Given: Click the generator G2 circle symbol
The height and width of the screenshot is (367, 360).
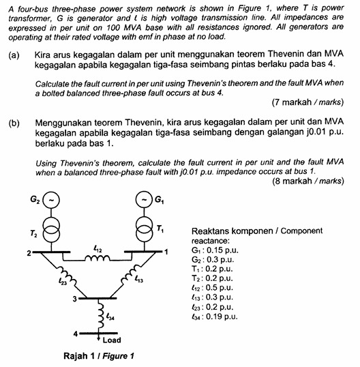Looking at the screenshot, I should tap(52, 201).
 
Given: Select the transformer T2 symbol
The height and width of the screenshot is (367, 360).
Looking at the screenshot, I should tap(52, 230).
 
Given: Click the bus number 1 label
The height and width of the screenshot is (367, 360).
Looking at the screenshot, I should tap(166, 253).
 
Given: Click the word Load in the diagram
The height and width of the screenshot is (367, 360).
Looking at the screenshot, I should tap(114, 338).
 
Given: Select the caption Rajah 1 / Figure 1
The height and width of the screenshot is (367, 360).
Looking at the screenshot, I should tap(98, 356).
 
